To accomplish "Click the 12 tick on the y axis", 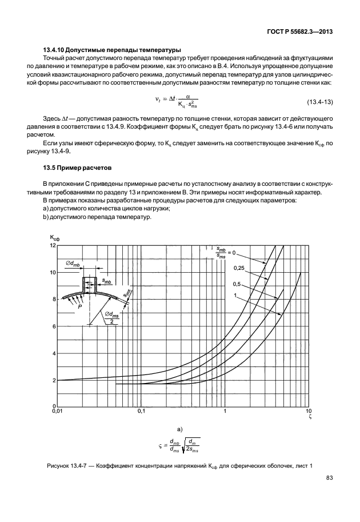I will [53, 245].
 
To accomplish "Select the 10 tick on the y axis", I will [53, 272].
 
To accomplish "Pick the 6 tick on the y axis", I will [54, 326].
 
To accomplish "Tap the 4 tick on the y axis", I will [54, 353].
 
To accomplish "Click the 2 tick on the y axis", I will [54, 380].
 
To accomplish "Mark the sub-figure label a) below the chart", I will [179, 428].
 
